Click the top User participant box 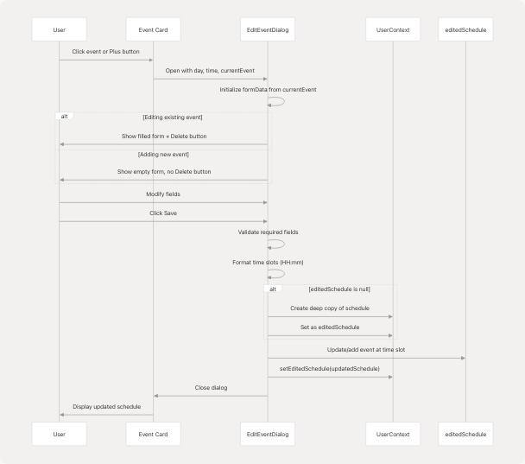pyautogui.click(x=59, y=30)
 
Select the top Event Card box pyautogui.click(x=153, y=30)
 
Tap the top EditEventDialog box pyautogui.click(x=267, y=30)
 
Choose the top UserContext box pyautogui.click(x=393, y=30)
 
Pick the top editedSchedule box pyautogui.click(x=465, y=30)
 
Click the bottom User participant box pyautogui.click(x=59, y=434)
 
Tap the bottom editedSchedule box pyautogui.click(x=465, y=434)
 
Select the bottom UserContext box pyautogui.click(x=393, y=434)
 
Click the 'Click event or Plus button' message pyautogui.click(x=106, y=52)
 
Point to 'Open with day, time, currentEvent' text pyautogui.click(x=210, y=70)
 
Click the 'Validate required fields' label pyautogui.click(x=267, y=232)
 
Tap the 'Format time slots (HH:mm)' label pyautogui.click(x=267, y=262)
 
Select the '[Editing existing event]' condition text pyautogui.click(x=173, y=117)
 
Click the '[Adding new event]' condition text pyautogui.click(x=164, y=154)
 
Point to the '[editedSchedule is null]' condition pyautogui.click(x=339, y=289)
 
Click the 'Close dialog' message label pyautogui.click(x=211, y=388)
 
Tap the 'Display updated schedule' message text pyautogui.click(x=106, y=406)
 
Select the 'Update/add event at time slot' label pyautogui.click(x=366, y=350)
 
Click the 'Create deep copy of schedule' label pyautogui.click(x=330, y=308)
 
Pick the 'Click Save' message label pyautogui.click(x=163, y=213)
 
